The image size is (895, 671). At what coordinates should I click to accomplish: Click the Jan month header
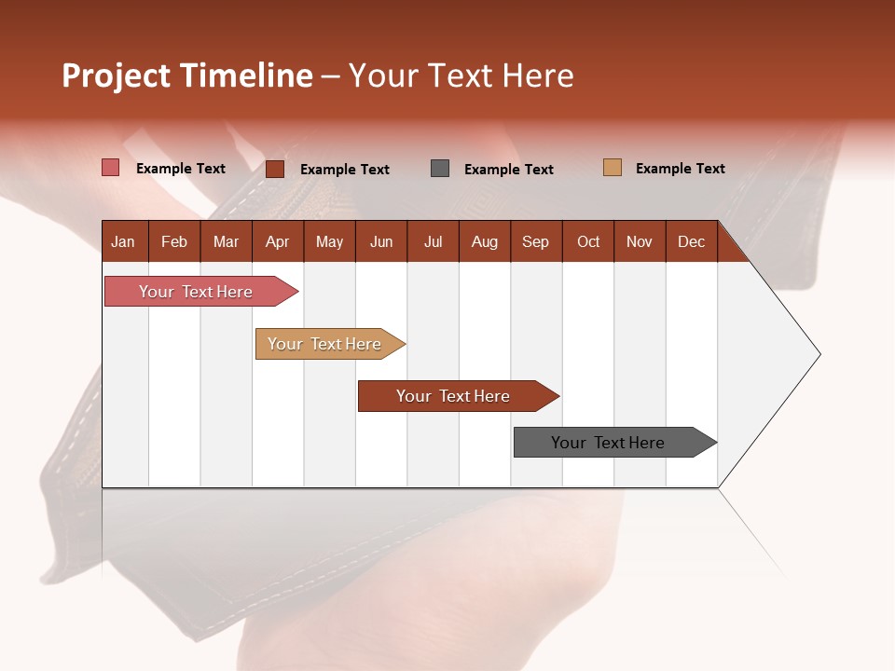(x=124, y=241)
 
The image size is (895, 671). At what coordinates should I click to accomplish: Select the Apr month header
(x=278, y=241)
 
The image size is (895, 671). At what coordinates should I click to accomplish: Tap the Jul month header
(x=434, y=241)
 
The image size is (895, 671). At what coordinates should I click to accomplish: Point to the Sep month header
(x=536, y=241)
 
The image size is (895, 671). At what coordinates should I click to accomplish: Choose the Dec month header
(x=691, y=241)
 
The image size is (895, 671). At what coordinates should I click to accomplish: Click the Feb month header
(x=174, y=241)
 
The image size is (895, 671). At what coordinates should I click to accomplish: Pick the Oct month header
(x=588, y=241)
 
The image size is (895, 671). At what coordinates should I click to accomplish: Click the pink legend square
(x=111, y=168)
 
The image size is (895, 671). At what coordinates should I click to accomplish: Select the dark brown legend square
(x=275, y=169)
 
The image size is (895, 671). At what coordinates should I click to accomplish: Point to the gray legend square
(x=440, y=168)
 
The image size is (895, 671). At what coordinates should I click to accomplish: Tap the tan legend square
(x=613, y=168)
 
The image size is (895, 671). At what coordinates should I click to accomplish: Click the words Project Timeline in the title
(x=187, y=75)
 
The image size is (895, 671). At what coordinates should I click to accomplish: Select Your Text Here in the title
(x=461, y=75)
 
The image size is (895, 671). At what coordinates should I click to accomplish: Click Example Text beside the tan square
(x=680, y=169)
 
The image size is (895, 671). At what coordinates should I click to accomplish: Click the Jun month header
(x=381, y=241)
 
